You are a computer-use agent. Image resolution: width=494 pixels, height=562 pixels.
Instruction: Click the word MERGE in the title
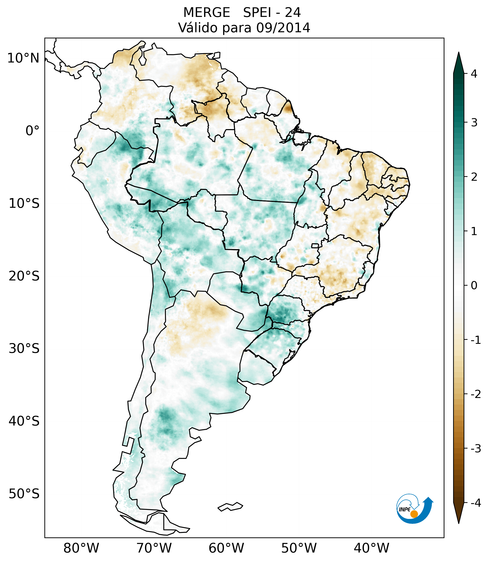(x=206, y=13)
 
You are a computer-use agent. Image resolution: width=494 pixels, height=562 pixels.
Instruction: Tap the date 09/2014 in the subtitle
(x=283, y=28)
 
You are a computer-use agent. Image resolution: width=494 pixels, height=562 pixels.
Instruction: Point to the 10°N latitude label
(x=23, y=58)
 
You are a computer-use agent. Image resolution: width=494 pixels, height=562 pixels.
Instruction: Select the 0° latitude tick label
(x=32, y=131)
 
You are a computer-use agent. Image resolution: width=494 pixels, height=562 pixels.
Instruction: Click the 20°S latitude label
(x=24, y=276)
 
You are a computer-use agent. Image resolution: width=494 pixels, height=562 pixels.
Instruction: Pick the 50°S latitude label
(x=24, y=494)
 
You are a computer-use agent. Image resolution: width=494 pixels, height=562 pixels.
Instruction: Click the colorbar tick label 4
(x=474, y=74)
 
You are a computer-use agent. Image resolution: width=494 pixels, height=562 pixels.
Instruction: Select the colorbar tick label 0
(x=474, y=286)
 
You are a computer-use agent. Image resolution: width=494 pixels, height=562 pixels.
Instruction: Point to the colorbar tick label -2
(x=476, y=394)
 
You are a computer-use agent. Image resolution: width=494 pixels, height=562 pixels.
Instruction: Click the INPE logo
(x=414, y=508)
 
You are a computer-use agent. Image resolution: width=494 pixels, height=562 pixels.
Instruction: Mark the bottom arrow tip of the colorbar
(x=459, y=523)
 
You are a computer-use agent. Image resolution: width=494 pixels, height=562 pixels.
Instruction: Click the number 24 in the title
(x=293, y=13)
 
